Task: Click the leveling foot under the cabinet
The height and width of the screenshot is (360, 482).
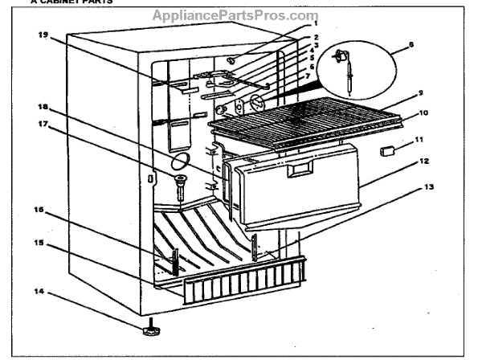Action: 149,328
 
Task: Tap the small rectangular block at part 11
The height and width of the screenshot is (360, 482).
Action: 390,149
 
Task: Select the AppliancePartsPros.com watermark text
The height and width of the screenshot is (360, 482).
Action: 242,14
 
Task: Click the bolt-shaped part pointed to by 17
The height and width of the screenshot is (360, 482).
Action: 178,189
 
